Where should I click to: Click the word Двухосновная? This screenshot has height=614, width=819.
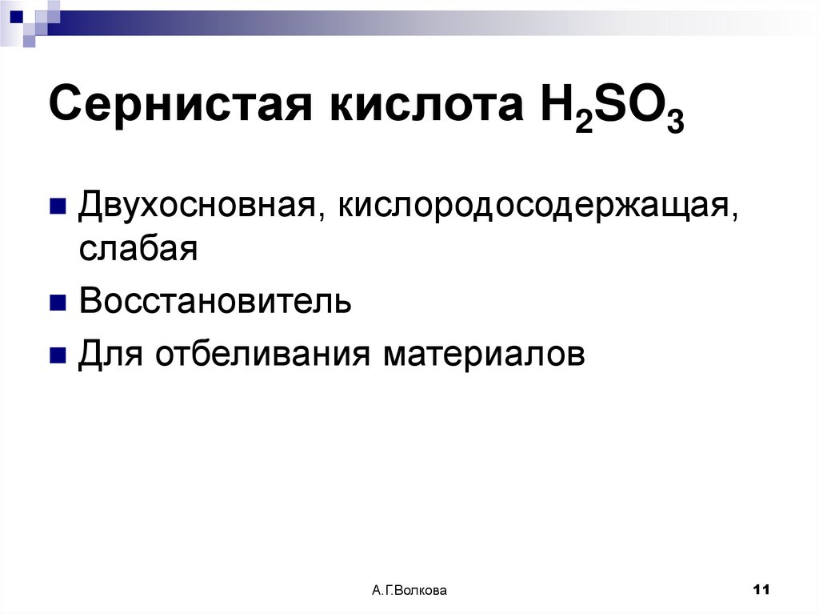click(x=199, y=208)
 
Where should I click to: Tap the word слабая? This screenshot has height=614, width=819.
click(x=138, y=248)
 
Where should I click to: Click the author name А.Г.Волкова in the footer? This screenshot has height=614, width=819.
click(x=409, y=591)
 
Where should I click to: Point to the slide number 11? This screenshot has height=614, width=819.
click(x=761, y=590)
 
